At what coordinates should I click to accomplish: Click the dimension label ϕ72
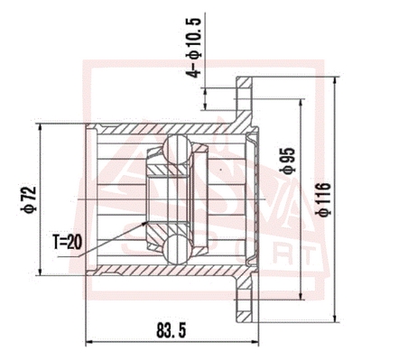click(x=28, y=199)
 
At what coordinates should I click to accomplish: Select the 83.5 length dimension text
click(x=172, y=331)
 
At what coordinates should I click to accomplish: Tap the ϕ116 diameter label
click(x=323, y=199)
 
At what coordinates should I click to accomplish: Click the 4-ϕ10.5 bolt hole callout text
click(x=193, y=47)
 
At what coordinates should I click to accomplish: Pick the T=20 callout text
click(x=67, y=242)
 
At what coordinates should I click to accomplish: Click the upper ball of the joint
click(x=177, y=149)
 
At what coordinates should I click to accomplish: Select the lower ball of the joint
click(x=177, y=250)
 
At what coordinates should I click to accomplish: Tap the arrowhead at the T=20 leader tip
click(x=145, y=223)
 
